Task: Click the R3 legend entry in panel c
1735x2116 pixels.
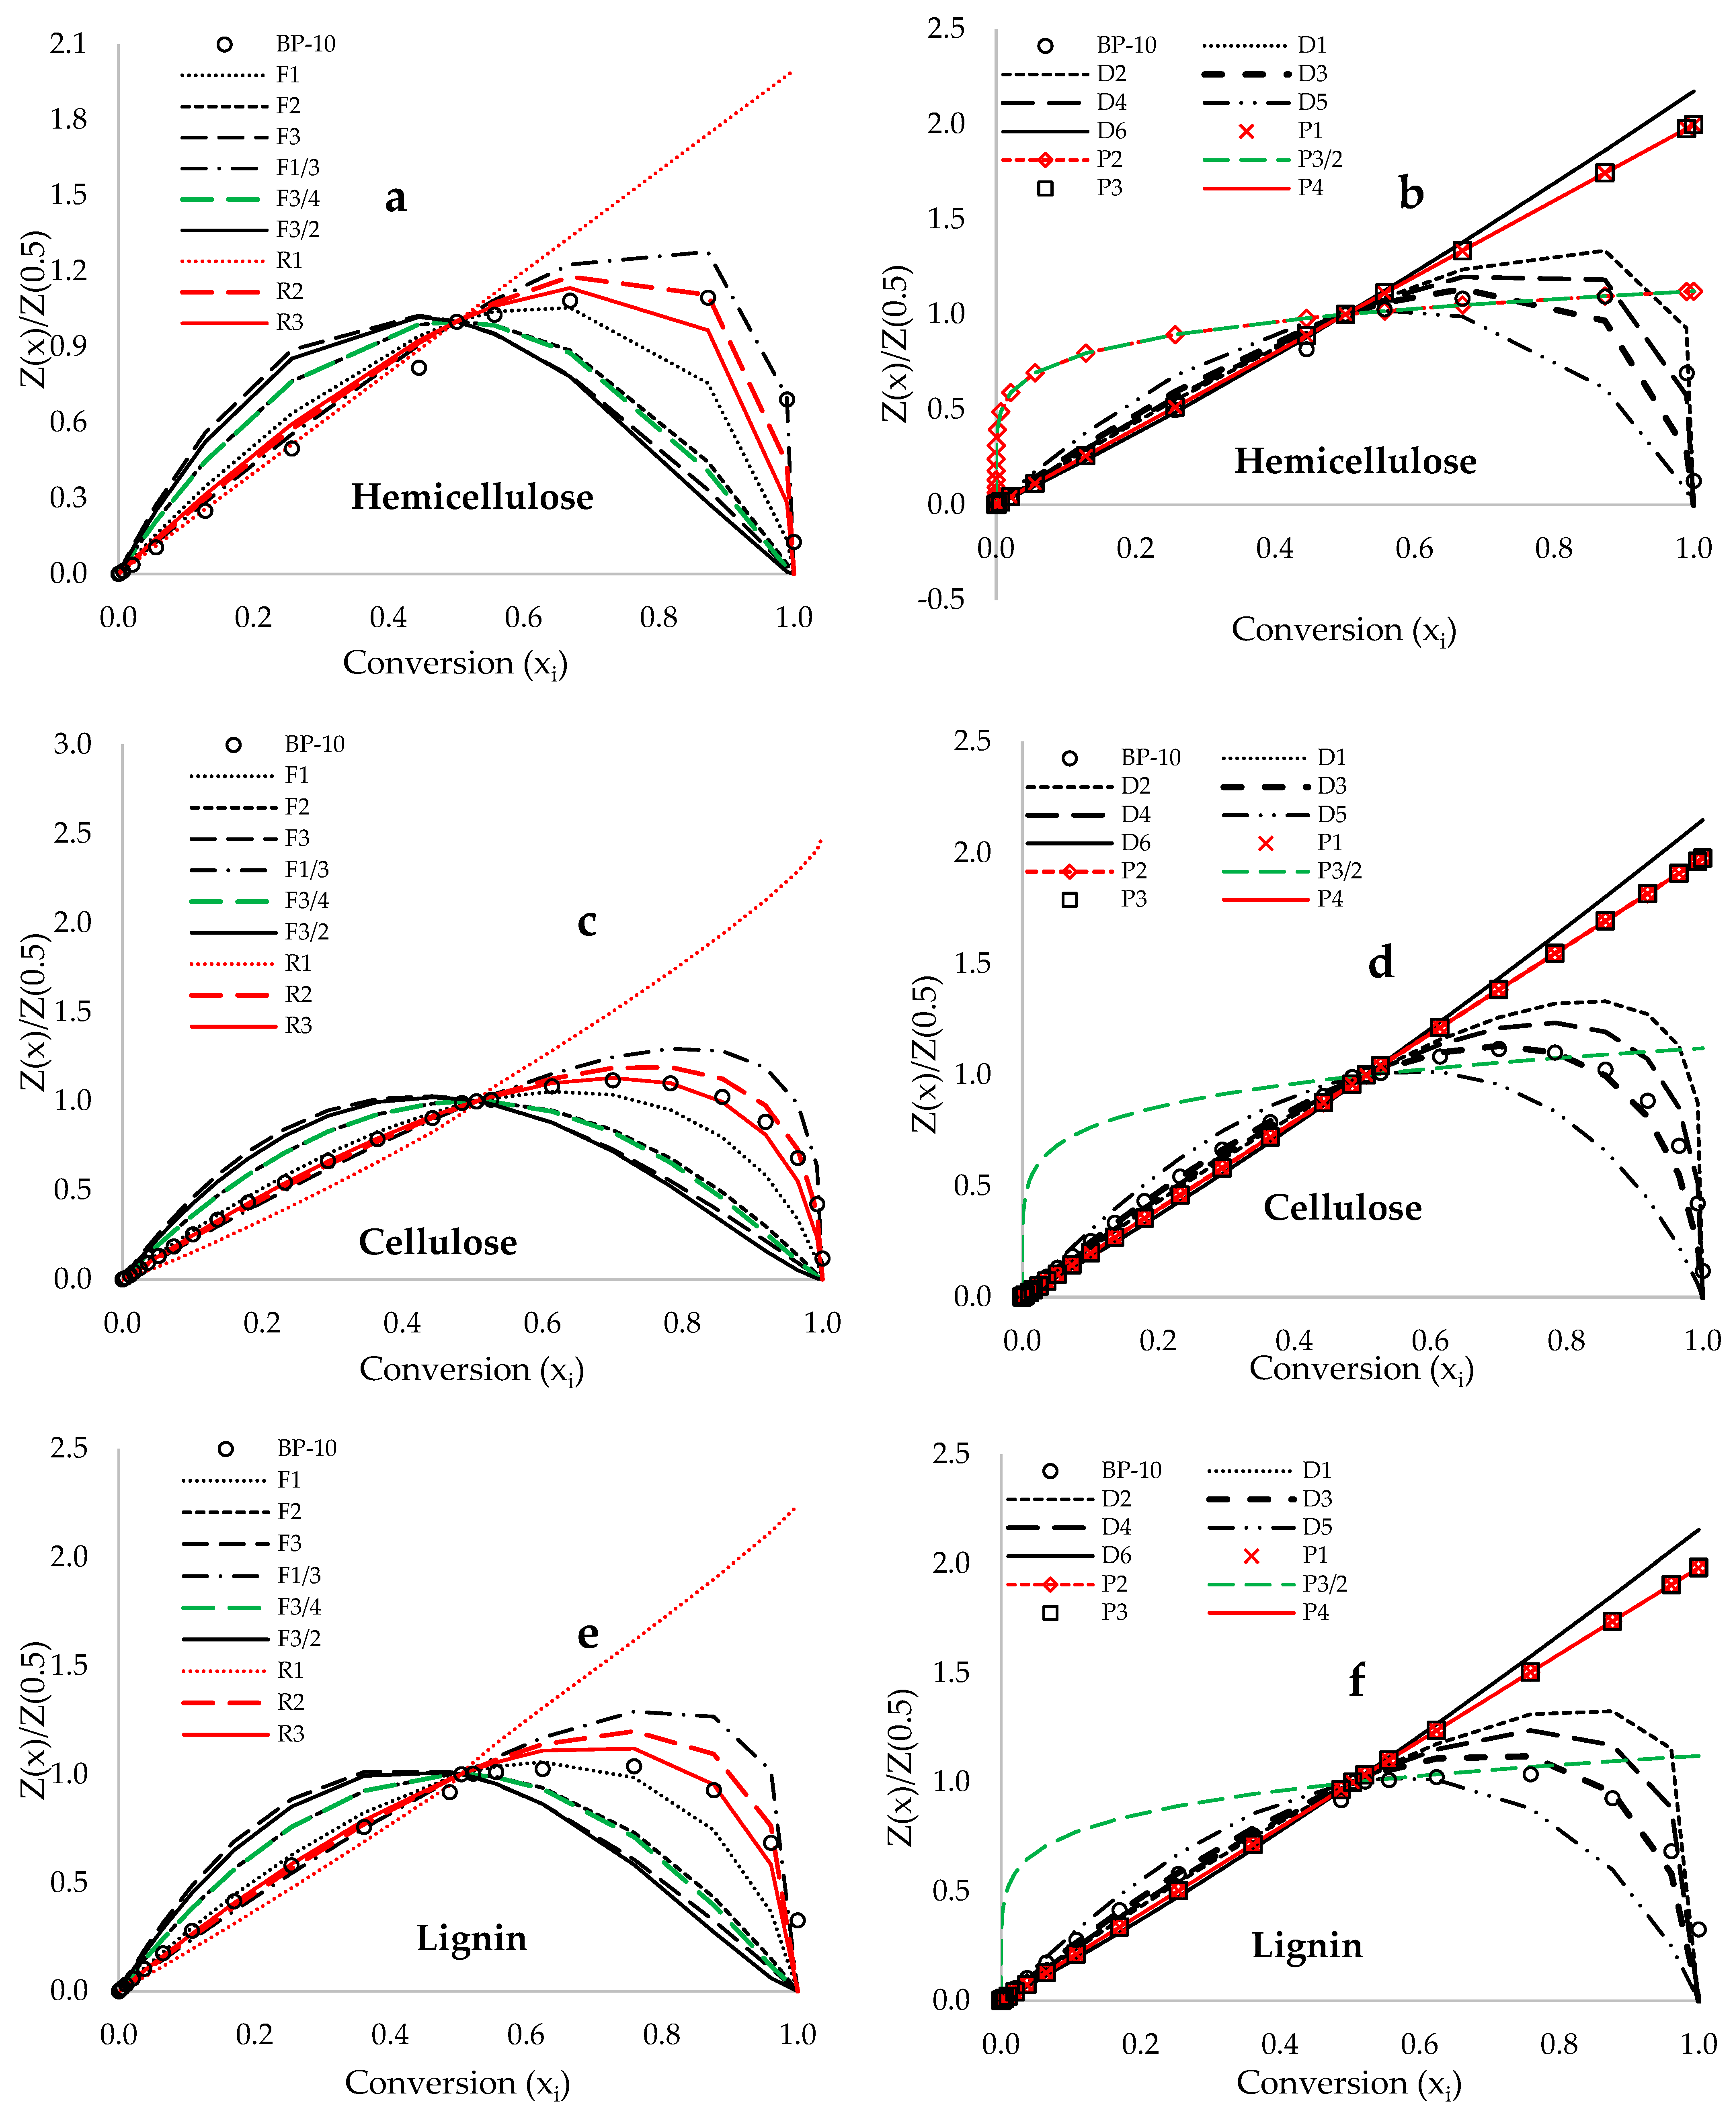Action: pos(298,1026)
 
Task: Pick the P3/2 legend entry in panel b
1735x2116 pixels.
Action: pos(1319,159)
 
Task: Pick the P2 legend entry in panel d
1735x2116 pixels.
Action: pos(1133,871)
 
